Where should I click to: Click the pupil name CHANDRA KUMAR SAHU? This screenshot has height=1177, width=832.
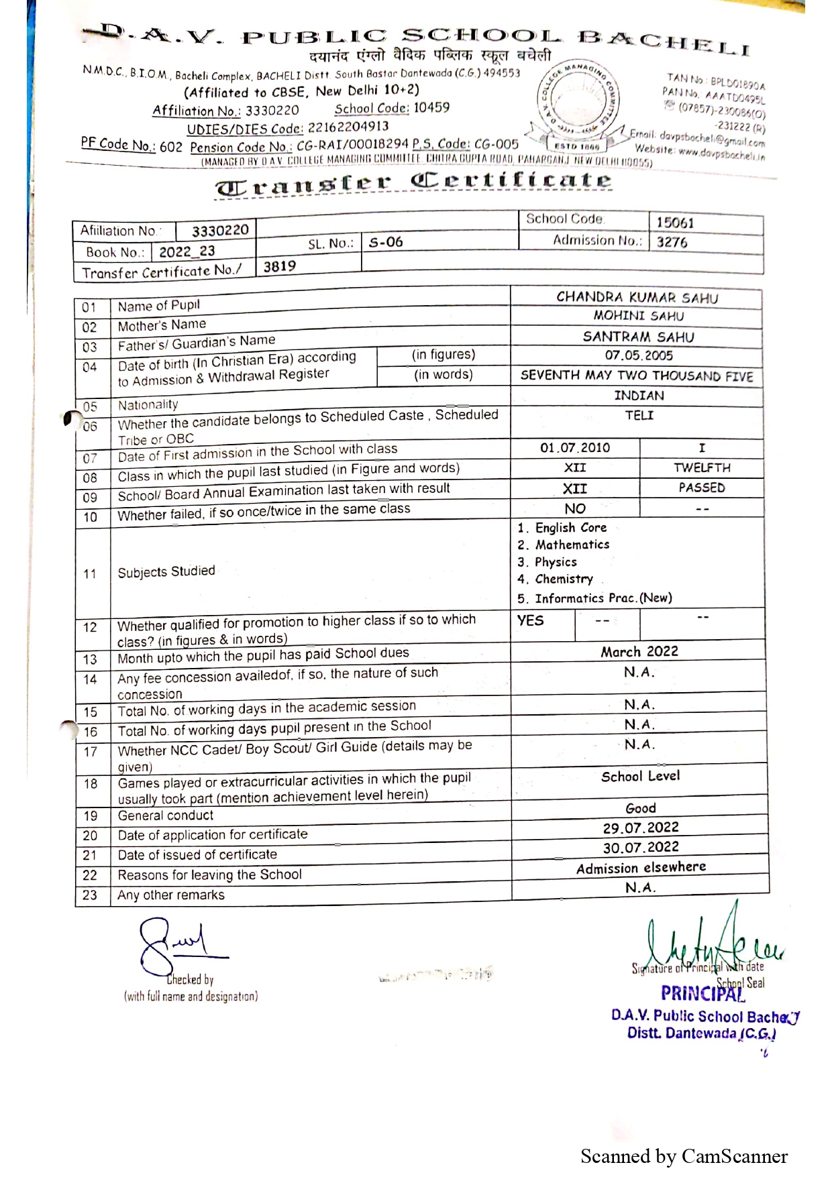coord(637,298)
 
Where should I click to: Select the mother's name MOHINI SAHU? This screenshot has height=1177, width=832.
coord(638,316)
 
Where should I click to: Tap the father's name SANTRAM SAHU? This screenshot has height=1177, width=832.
coord(638,337)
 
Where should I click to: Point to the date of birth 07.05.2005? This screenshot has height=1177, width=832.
coord(638,355)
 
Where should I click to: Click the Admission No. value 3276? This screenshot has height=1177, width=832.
coord(672,243)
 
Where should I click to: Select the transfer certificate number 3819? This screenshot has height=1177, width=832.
coord(279,266)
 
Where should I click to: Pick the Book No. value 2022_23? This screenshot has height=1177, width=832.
coord(187,251)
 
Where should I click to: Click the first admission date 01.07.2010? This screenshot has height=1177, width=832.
coord(574,448)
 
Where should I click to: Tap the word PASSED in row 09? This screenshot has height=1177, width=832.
coord(701,488)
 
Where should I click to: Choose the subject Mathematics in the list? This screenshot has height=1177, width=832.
coord(572,545)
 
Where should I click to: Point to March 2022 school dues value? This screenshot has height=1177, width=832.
coord(639,651)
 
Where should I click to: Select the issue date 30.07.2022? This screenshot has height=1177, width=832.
coord(640,847)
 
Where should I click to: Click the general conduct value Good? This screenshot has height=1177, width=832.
coord(640,808)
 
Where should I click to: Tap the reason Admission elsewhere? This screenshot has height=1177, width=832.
coord(641,868)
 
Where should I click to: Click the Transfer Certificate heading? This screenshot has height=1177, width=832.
coord(413,182)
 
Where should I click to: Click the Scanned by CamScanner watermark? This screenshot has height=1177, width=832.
coord(684,1156)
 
